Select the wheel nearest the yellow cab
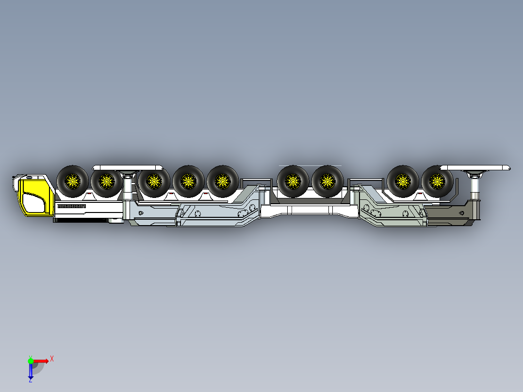73,182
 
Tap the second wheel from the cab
106,182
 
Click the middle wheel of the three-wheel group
188,182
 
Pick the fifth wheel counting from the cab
222,182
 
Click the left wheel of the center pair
293,182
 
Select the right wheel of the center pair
327,182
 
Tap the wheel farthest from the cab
437,182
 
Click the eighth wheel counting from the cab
403,182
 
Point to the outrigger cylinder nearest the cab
129,187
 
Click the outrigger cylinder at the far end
475,187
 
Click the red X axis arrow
42,360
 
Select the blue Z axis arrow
31,371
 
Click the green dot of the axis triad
31,360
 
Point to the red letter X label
52,359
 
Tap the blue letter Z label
31,380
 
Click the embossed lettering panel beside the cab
71,207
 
